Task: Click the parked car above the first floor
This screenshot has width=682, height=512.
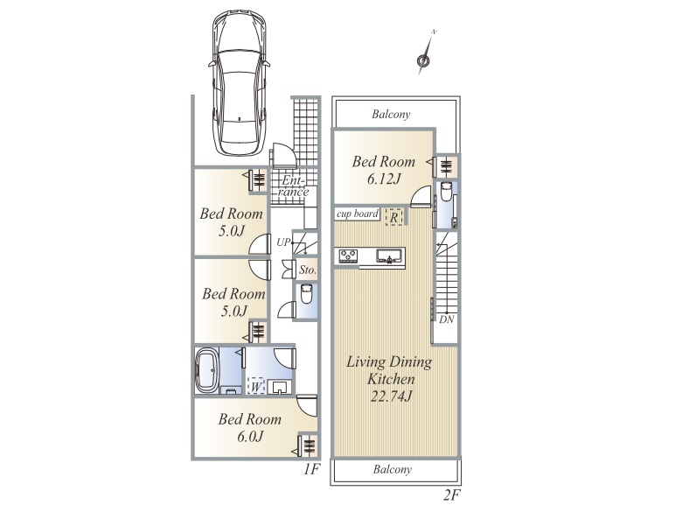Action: [240, 83]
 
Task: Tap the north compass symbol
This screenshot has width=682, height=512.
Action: [424, 54]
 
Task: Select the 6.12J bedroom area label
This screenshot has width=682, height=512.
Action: [384, 179]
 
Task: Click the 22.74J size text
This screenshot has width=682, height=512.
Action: [392, 396]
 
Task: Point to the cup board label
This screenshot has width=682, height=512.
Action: [357, 214]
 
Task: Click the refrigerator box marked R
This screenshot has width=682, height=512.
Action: [394, 216]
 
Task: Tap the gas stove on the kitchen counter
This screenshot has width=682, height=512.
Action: [348, 256]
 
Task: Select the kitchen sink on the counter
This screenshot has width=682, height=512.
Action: [390, 256]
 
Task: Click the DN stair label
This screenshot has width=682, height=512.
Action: [447, 319]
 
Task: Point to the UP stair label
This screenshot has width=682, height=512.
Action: [283, 242]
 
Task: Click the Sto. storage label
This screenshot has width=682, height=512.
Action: [308, 270]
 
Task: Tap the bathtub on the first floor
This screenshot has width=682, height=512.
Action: [206, 371]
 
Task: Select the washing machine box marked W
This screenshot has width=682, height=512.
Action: [256, 386]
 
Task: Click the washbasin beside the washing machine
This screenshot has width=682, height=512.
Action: [280, 387]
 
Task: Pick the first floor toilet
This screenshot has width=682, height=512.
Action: [306, 294]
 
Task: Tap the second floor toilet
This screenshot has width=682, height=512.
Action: [446, 192]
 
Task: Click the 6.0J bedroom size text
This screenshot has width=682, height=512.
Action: [250, 436]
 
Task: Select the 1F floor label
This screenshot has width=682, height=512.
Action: [311, 469]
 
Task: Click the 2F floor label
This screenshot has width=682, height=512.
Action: [452, 495]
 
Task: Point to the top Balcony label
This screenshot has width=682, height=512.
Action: [391, 115]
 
